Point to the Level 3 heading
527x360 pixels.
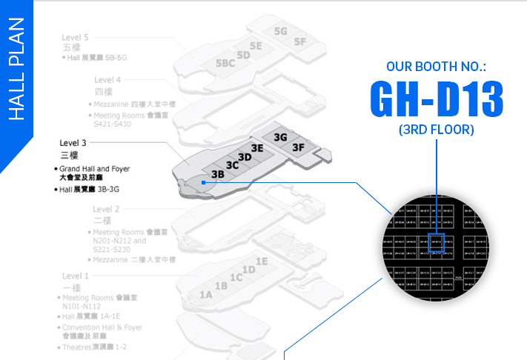pyautogui.click(x=73, y=142)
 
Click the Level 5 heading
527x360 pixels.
pyautogui.click(x=75, y=37)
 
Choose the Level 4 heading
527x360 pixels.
pyautogui.click(x=107, y=79)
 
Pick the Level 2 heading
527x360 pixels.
pyautogui.click(x=107, y=209)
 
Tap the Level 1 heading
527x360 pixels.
pyautogui.click(x=75, y=276)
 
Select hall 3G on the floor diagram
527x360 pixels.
pyautogui.click(x=280, y=137)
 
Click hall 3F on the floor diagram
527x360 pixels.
pyautogui.click(x=298, y=147)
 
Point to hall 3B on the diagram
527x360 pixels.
pyautogui.click(x=218, y=174)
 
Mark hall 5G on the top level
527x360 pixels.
pyautogui.click(x=280, y=31)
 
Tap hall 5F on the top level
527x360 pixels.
pyautogui.click(x=299, y=41)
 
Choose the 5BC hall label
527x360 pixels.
pyautogui.click(x=225, y=64)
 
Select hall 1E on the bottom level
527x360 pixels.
pyautogui.click(x=261, y=261)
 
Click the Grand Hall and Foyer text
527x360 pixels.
pyautogui.click(x=94, y=169)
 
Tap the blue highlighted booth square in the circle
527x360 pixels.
pyautogui.click(x=436, y=240)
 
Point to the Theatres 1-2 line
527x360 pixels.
pyautogui.click(x=95, y=347)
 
